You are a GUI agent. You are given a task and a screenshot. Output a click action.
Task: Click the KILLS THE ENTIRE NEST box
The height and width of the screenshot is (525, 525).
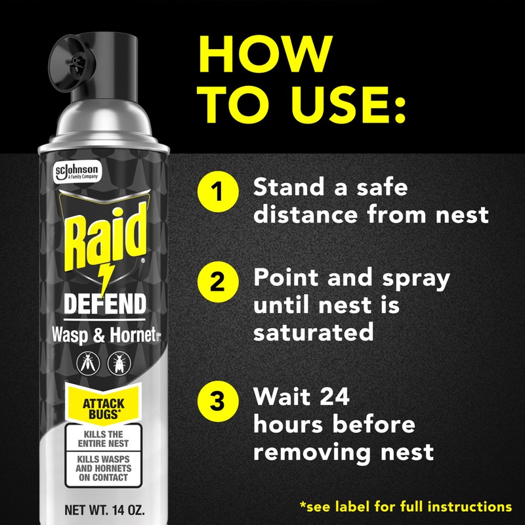[104, 438]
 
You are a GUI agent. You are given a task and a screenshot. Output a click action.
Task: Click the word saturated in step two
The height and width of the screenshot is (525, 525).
[313, 331]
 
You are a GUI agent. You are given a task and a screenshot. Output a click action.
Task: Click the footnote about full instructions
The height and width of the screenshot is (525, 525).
[405, 507]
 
